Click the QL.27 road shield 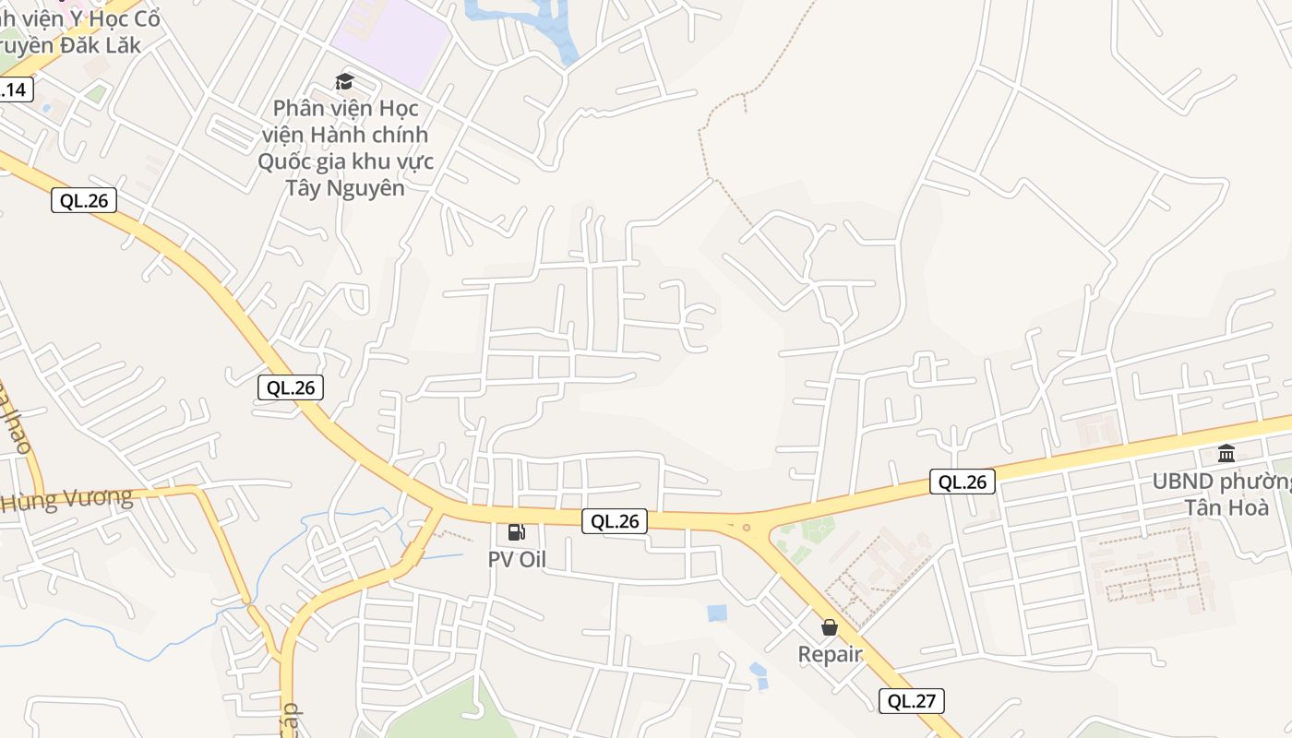coord(911,701)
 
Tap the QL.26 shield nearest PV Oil coord(615,521)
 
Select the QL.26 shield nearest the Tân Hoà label coord(962,482)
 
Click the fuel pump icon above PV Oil coord(517,532)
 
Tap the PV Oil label coord(517,559)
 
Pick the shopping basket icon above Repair coord(830,627)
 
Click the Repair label coord(830,655)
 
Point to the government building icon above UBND coord(1226,453)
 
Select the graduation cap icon coord(344,81)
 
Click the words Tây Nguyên coord(345,188)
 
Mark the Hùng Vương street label coord(66,501)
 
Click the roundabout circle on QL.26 coord(746,529)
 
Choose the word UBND coord(1183,482)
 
